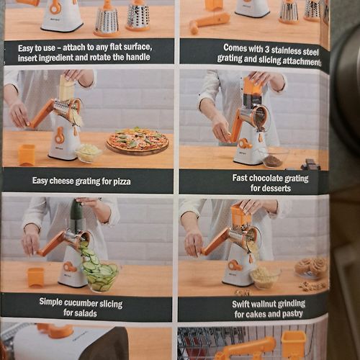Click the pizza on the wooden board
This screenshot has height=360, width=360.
coord(138,140)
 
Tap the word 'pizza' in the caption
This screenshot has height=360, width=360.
coord(122,181)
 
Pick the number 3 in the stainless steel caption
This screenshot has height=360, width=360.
coord(266,49)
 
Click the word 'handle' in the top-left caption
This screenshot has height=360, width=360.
coord(138,57)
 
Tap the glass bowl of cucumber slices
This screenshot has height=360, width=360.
coord(102,276)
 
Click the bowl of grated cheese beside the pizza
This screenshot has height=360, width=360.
coord(88,153)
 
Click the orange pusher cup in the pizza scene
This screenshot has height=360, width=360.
coord(27,155)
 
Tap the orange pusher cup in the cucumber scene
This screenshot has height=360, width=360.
coord(35,278)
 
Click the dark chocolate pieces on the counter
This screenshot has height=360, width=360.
coord(310,164)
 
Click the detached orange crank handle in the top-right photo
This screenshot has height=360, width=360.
coord(210,22)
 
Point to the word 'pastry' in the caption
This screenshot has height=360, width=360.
coord(292,314)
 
